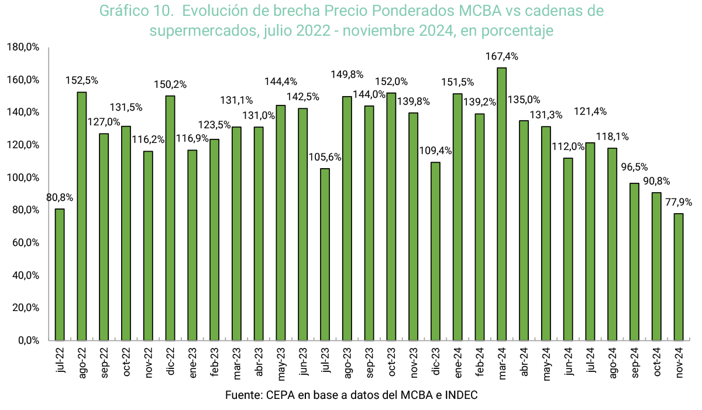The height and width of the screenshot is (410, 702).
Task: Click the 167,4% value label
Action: [502, 57]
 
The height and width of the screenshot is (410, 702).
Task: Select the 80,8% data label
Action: [60, 198]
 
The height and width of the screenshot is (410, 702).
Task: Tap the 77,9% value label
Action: [679, 203]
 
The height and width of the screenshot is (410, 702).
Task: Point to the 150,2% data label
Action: [170, 85]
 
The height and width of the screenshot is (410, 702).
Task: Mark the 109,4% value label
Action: [435, 151]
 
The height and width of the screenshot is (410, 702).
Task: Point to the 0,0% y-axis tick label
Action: [26, 340]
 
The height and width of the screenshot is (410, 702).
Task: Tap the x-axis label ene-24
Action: [458, 363]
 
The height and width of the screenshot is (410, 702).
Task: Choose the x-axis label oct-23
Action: [391, 363]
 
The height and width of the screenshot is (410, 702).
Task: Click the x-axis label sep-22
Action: [104, 363]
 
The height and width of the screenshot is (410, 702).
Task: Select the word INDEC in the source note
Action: [462, 395]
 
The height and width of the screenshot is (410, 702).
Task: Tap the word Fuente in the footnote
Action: [243, 395]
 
